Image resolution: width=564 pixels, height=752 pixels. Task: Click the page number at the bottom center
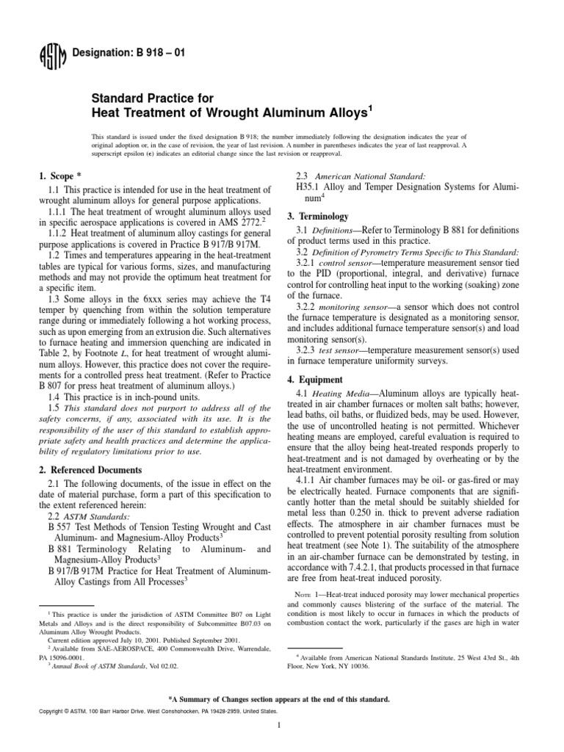click(x=281, y=725)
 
